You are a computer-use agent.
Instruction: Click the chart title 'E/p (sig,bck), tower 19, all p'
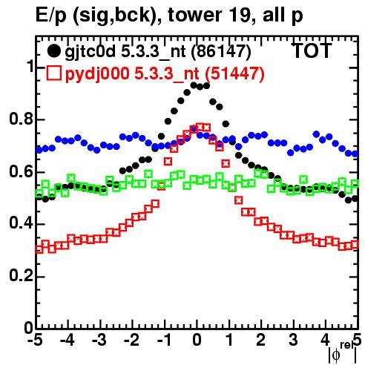(169, 16)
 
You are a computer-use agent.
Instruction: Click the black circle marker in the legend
(53, 51)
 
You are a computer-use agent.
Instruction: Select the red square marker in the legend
(53, 73)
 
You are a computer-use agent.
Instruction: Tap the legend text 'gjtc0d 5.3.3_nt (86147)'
(158, 52)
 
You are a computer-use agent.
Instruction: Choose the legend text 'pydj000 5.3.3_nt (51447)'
(165, 73)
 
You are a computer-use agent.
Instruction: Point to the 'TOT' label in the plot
(312, 50)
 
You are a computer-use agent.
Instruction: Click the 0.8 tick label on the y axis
(21, 119)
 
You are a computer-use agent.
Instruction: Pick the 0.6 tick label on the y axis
(21, 171)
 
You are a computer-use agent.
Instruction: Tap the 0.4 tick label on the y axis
(21, 223)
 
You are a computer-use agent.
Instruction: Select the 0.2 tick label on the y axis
(21, 276)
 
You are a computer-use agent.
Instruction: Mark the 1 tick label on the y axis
(30, 67)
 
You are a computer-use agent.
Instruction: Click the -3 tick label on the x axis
(99, 340)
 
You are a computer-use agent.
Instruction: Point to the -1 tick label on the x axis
(164, 340)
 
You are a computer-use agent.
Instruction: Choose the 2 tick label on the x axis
(261, 340)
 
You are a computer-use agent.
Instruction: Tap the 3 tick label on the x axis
(293, 340)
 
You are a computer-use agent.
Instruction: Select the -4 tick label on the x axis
(67, 340)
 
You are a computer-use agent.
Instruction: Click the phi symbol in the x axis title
(336, 355)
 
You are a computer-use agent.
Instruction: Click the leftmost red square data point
(39, 249)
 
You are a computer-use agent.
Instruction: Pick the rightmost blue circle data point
(355, 154)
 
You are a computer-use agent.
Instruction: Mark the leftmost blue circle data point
(39, 150)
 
